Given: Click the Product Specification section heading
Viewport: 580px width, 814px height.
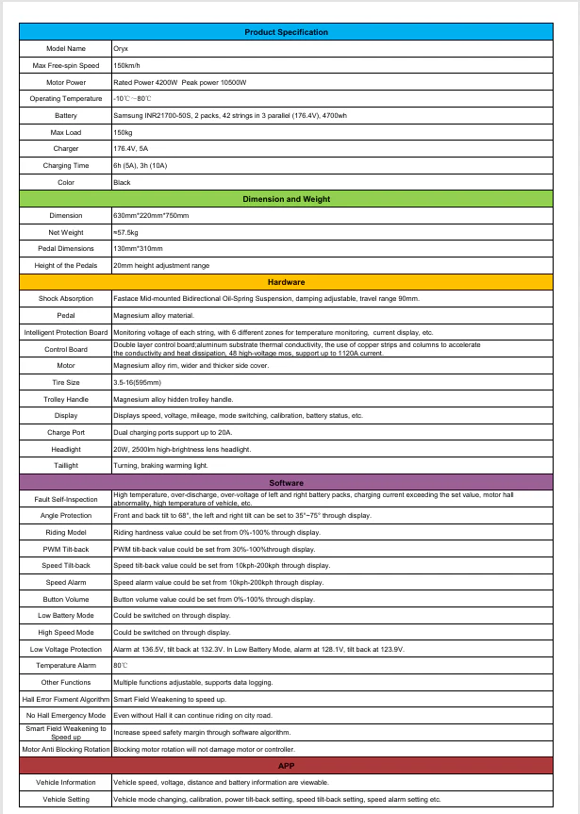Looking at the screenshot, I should point(286,32).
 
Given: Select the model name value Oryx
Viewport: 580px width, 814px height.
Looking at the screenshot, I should point(121,48).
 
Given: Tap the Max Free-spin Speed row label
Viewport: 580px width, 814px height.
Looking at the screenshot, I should point(65,65).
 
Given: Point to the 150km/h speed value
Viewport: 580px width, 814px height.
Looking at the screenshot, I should point(127,65).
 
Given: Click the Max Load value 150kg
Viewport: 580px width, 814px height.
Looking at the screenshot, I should point(123,132).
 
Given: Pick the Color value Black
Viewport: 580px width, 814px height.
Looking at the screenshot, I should point(123,182).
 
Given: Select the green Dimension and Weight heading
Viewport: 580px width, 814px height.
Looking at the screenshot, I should point(286,199).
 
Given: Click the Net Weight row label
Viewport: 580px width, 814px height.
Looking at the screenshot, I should point(65,232).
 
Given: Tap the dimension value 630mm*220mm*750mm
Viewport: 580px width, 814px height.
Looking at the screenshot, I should point(151,216).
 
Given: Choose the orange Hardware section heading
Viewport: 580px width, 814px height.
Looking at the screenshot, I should point(286,282).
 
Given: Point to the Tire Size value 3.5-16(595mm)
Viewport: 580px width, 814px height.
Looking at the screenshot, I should point(138,381).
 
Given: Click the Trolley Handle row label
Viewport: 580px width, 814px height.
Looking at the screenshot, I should point(65,398).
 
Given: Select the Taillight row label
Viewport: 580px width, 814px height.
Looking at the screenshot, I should point(65,465).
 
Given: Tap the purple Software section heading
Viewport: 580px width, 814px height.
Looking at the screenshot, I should point(286,482).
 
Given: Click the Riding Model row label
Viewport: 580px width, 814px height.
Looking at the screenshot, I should point(65,532).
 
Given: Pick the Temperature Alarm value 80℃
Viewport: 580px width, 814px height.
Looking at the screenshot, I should point(121,666).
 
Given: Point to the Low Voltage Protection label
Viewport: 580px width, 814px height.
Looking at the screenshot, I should point(65,649).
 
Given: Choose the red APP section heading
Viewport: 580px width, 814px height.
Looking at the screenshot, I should point(286,766).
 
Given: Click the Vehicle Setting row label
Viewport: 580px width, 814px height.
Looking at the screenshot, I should point(65,799).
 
